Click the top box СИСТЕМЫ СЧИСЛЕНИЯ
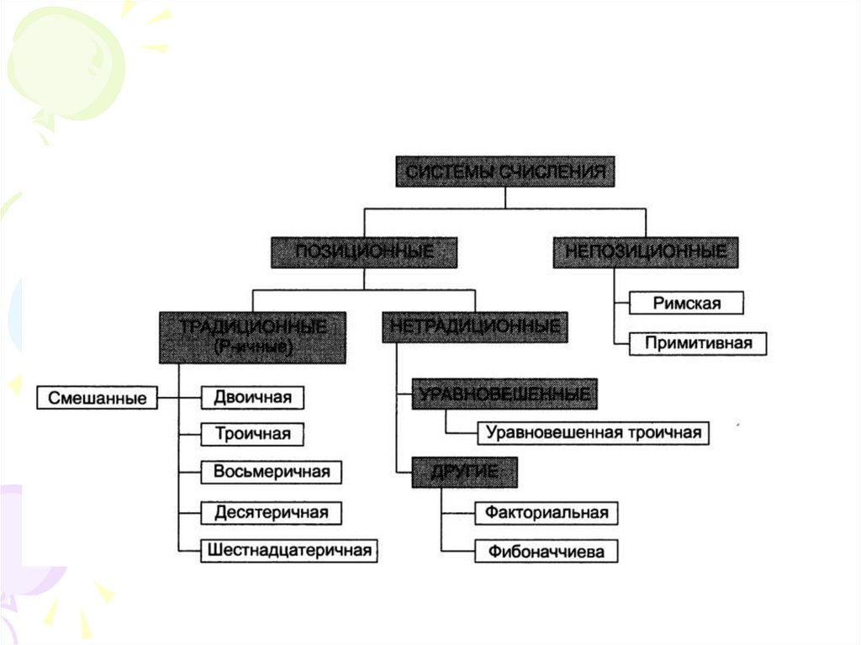click(x=505, y=172)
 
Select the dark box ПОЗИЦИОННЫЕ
click(x=364, y=251)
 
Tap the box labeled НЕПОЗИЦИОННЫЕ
click(x=646, y=251)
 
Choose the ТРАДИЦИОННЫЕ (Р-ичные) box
click(x=253, y=336)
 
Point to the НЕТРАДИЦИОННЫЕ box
click(x=475, y=326)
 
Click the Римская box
click(x=687, y=303)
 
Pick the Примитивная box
click(x=697, y=343)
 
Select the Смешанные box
click(x=98, y=397)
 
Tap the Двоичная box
click(x=251, y=396)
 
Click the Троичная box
click(x=252, y=434)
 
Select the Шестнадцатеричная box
click(x=288, y=550)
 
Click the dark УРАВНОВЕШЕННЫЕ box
click(x=504, y=394)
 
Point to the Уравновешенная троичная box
click(x=594, y=433)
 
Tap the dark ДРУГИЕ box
click(x=464, y=473)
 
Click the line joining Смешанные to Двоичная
click(x=179, y=397)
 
